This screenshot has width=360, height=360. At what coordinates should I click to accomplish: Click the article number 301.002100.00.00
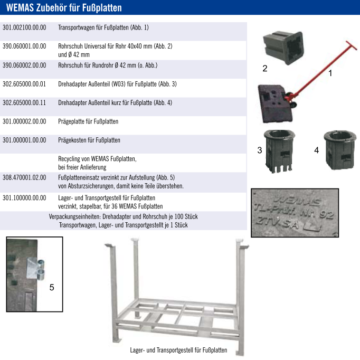[24, 27]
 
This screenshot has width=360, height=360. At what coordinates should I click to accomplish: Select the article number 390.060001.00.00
[24, 46]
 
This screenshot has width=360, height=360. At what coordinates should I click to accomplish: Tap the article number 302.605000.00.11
[24, 102]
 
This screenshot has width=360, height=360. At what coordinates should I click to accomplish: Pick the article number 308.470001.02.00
[24, 177]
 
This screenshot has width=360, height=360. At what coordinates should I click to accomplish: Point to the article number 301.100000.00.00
[24, 197]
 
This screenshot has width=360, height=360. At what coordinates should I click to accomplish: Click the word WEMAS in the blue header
[20, 7]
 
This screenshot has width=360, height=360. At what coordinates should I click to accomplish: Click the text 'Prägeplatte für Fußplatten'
[88, 121]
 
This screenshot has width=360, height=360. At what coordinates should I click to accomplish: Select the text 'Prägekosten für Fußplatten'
[89, 140]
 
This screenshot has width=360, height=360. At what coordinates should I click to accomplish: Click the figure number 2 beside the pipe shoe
[264, 69]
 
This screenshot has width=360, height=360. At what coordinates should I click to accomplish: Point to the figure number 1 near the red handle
[330, 73]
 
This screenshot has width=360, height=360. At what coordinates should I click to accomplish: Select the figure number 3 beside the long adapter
[260, 150]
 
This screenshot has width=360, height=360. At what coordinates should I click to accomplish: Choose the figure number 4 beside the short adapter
[317, 150]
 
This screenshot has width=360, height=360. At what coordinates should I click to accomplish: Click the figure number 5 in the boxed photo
[52, 287]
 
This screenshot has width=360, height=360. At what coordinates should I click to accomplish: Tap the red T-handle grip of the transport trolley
[352, 45]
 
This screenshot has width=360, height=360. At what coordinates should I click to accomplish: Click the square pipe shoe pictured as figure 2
[283, 48]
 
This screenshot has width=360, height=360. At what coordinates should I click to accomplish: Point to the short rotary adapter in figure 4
[340, 150]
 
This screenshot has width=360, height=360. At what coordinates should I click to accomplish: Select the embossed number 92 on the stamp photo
[326, 215]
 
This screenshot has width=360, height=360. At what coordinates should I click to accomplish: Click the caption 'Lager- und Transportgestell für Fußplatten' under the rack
[178, 350]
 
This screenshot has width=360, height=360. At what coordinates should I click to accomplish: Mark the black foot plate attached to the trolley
[274, 104]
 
